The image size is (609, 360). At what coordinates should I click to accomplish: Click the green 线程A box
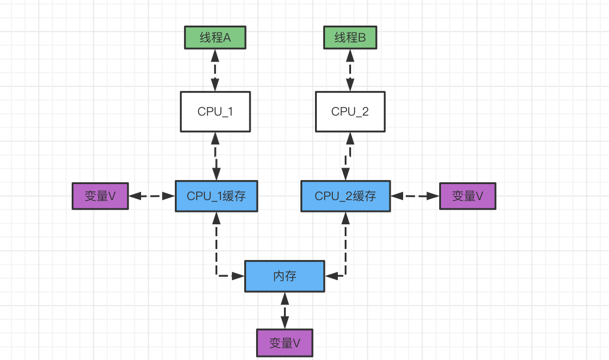coord(215,37)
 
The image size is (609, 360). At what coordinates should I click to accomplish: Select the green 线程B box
coord(350,37)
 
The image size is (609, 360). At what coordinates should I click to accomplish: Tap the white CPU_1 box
coord(215,111)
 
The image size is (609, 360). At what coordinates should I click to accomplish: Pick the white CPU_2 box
coord(350,111)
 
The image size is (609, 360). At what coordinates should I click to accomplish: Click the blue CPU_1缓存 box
coord(216,196)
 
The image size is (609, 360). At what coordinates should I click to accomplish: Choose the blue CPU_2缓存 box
coord(346,196)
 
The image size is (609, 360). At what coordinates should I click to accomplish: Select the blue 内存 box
coord(285,276)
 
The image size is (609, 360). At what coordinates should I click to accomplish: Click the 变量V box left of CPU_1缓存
coord(100,196)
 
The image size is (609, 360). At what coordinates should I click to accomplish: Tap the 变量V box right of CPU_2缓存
coord(467,196)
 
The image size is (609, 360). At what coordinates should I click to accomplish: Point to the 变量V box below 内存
coord(285,343)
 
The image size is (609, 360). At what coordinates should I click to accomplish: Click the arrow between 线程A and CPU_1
coord(215,70)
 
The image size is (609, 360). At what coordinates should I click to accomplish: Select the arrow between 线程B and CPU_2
coord(350,70)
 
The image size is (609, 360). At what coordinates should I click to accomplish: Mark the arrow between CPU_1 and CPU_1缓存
coord(215,156)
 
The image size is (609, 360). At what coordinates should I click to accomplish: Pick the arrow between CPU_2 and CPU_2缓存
coord(348,156)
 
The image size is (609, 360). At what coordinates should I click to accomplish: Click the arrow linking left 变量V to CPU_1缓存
coord(152,196)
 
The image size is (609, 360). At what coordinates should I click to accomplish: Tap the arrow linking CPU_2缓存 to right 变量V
coord(415,196)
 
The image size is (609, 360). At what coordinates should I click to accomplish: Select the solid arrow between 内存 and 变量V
coord(285,311)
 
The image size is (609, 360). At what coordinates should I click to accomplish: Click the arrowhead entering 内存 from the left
coord(238,276)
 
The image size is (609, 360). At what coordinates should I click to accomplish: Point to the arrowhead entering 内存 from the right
coord(331,276)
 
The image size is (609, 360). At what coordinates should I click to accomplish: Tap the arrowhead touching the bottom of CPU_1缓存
coord(216,218)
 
